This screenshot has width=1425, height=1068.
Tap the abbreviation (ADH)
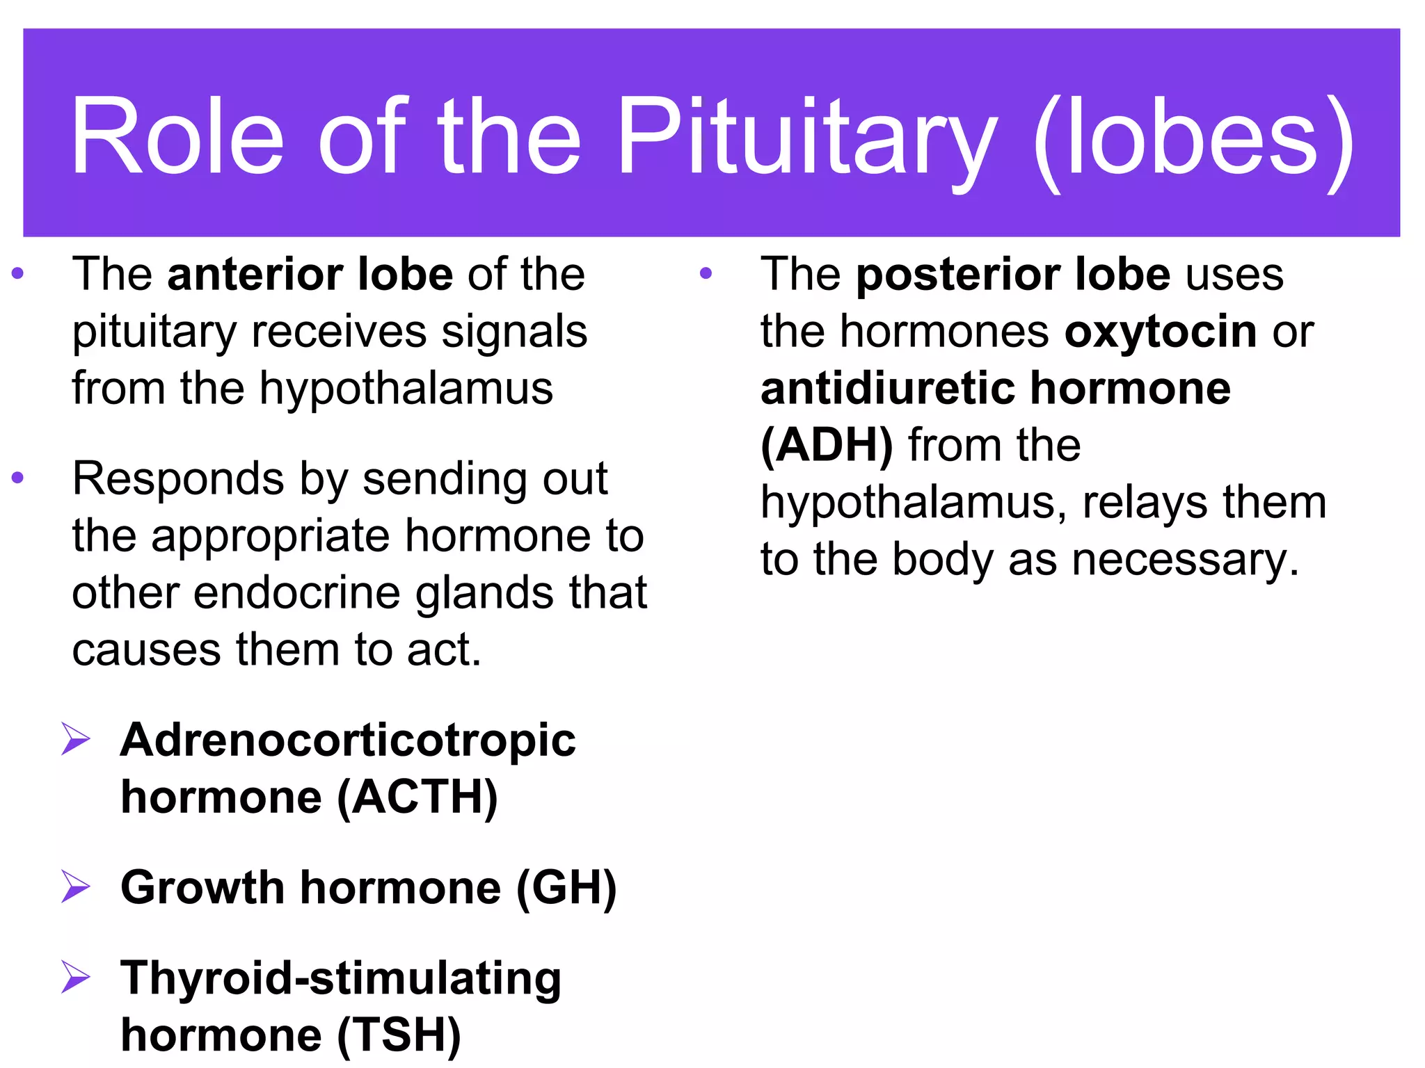pyautogui.click(x=827, y=445)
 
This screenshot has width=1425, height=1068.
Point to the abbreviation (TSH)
pyautogui.click(x=399, y=1035)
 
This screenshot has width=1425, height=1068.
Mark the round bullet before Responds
pyautogui.click(x=18, y=478)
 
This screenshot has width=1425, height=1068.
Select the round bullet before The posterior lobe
pyautogui.click(x=706, y=274)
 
